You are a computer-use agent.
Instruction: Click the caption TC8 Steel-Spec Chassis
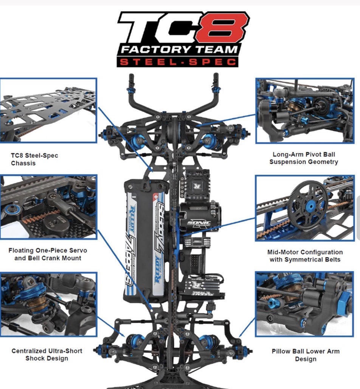pyautogui.click(x=34, y=159)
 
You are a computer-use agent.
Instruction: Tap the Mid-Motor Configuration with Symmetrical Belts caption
pyautogui.click(x=305, y=256)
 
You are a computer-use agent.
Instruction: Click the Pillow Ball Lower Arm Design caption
pyautogui.click(x=306, y=355)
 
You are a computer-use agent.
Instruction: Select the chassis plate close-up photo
pyautogui.click(x=48, y=110)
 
